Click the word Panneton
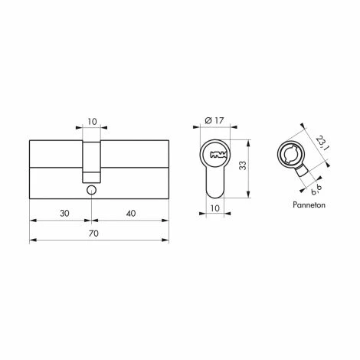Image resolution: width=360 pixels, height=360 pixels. coord(309,205)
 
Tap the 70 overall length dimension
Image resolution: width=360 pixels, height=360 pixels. coord(93,234)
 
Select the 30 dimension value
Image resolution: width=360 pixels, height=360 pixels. coord(64,213)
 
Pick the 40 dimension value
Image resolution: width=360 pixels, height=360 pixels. coord(131,213)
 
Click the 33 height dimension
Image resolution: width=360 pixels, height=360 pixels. coord(243,165)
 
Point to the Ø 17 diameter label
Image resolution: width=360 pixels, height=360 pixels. coord(214,120)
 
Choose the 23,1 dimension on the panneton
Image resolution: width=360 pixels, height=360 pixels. coord(322,143)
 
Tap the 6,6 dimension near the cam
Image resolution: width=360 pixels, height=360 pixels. coord(316,189)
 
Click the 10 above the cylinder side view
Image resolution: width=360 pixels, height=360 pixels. coord(92,122)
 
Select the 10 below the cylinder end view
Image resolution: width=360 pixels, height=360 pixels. coord(214,208)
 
